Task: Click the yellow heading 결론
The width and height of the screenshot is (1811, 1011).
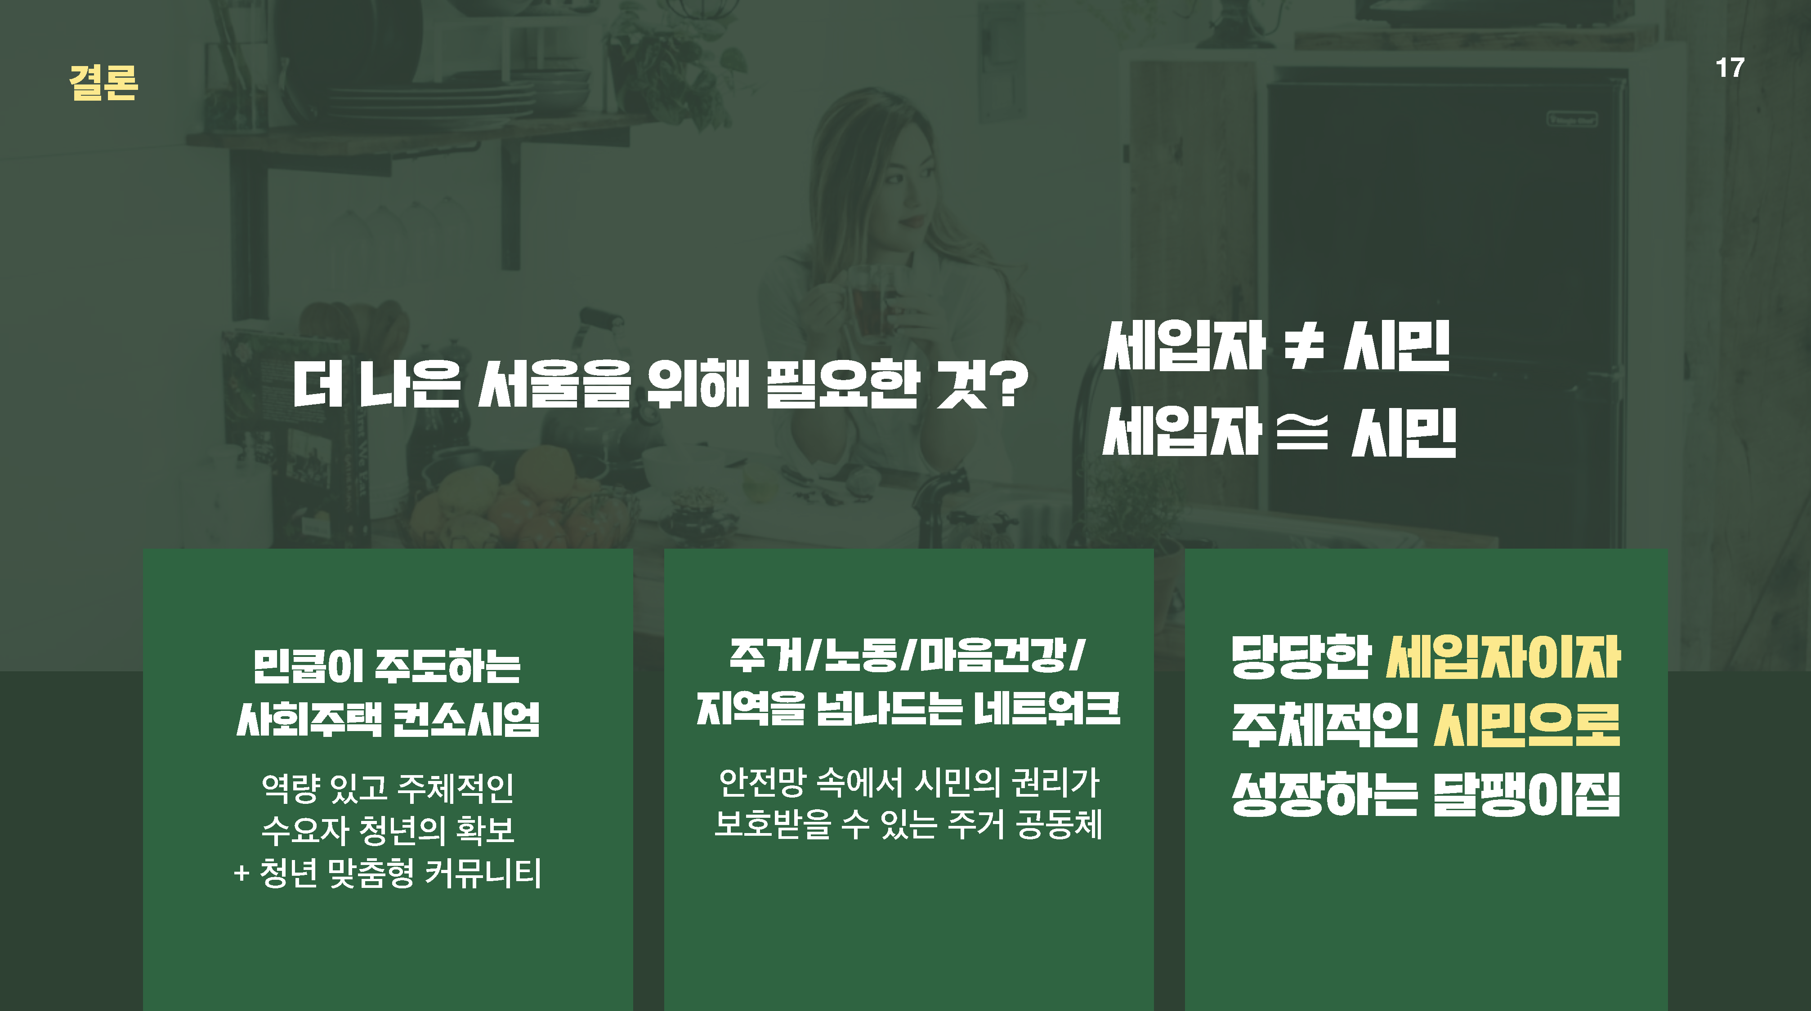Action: pos(103,83)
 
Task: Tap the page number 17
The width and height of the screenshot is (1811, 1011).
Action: pos(1730,68)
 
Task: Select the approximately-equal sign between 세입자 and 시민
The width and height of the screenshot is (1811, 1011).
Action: pos(1302,434)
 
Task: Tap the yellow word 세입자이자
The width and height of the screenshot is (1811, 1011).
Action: pos(1503,658)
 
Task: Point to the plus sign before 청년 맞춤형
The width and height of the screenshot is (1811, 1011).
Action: pos(241,874)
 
